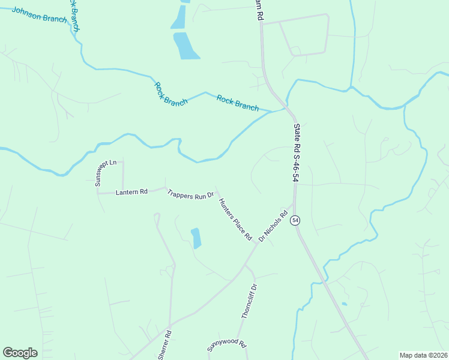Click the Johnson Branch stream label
(39, 15)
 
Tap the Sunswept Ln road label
(101, 173)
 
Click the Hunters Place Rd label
(234, 220)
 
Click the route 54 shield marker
(295, 221)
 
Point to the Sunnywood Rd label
(227, 345)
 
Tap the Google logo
(20, 353)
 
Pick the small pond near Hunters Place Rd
(196, 238)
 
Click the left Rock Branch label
(171, 94)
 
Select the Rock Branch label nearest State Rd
(237, 103)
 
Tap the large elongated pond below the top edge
(186, 46)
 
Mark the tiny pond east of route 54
(344, 304)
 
